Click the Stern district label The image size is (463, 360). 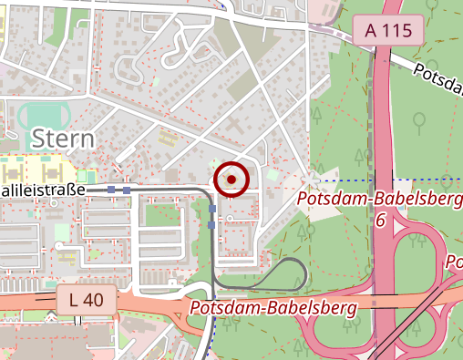coord(63,138)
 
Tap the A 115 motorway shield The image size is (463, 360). coord(388,30)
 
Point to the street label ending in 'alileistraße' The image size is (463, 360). coord(43,190)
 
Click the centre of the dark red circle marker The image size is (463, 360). coord(231,180)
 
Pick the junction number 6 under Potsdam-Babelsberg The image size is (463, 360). coord(380,221)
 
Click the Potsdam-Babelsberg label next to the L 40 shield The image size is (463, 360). coord(273,307)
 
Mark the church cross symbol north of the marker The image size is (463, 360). coord(238,123)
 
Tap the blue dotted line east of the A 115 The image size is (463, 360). coord(428,180)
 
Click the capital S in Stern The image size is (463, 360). coord(39,138)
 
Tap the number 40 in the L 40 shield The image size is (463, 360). coord(96,298)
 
